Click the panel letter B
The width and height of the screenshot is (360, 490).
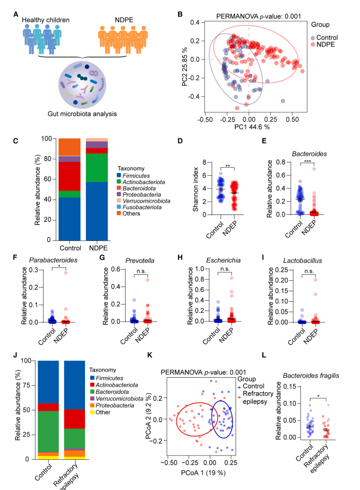click(180, 15)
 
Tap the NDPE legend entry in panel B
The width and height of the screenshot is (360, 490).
click(329, 44)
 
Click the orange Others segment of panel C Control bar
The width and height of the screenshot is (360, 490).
click(69, 147)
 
